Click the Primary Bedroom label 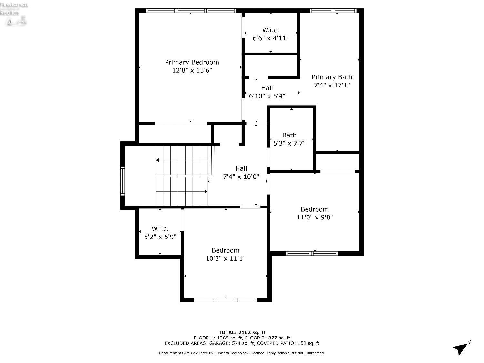coord(192,62)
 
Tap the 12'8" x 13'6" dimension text coord(192,70)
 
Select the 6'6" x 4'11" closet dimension coord(270,38)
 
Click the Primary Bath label coord(332,77)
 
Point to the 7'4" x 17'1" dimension coord(332,85)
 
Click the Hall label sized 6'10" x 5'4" coord(267,88)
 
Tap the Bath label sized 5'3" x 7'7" coord(289,135)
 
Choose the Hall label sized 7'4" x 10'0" coord(241,168)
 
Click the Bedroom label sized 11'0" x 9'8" coord(315,209)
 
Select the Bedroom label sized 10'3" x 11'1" coord(226,250)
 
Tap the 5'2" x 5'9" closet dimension coord(160,237)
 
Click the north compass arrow coord(461,348)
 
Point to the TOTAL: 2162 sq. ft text coord(242,332)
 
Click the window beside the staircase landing coord(123,181)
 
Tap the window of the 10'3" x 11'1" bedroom coord(225,300)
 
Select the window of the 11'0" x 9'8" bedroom coord(312,253)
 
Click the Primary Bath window coord(333,11)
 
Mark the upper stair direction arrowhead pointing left coord(157,160)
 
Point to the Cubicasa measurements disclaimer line coord(242,353)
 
